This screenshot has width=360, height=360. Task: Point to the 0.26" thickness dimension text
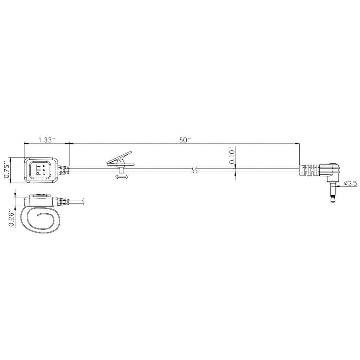[x=12, y=219]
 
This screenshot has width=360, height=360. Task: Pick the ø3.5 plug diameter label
[x=350, y=183]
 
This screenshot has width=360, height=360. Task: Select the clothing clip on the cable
[x=120, y=160]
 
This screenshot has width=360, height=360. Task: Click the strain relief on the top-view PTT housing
[x=64, y=170]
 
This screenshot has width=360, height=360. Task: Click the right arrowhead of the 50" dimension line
[x=297, y=143]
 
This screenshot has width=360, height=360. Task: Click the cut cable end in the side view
[x=84, y=201]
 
